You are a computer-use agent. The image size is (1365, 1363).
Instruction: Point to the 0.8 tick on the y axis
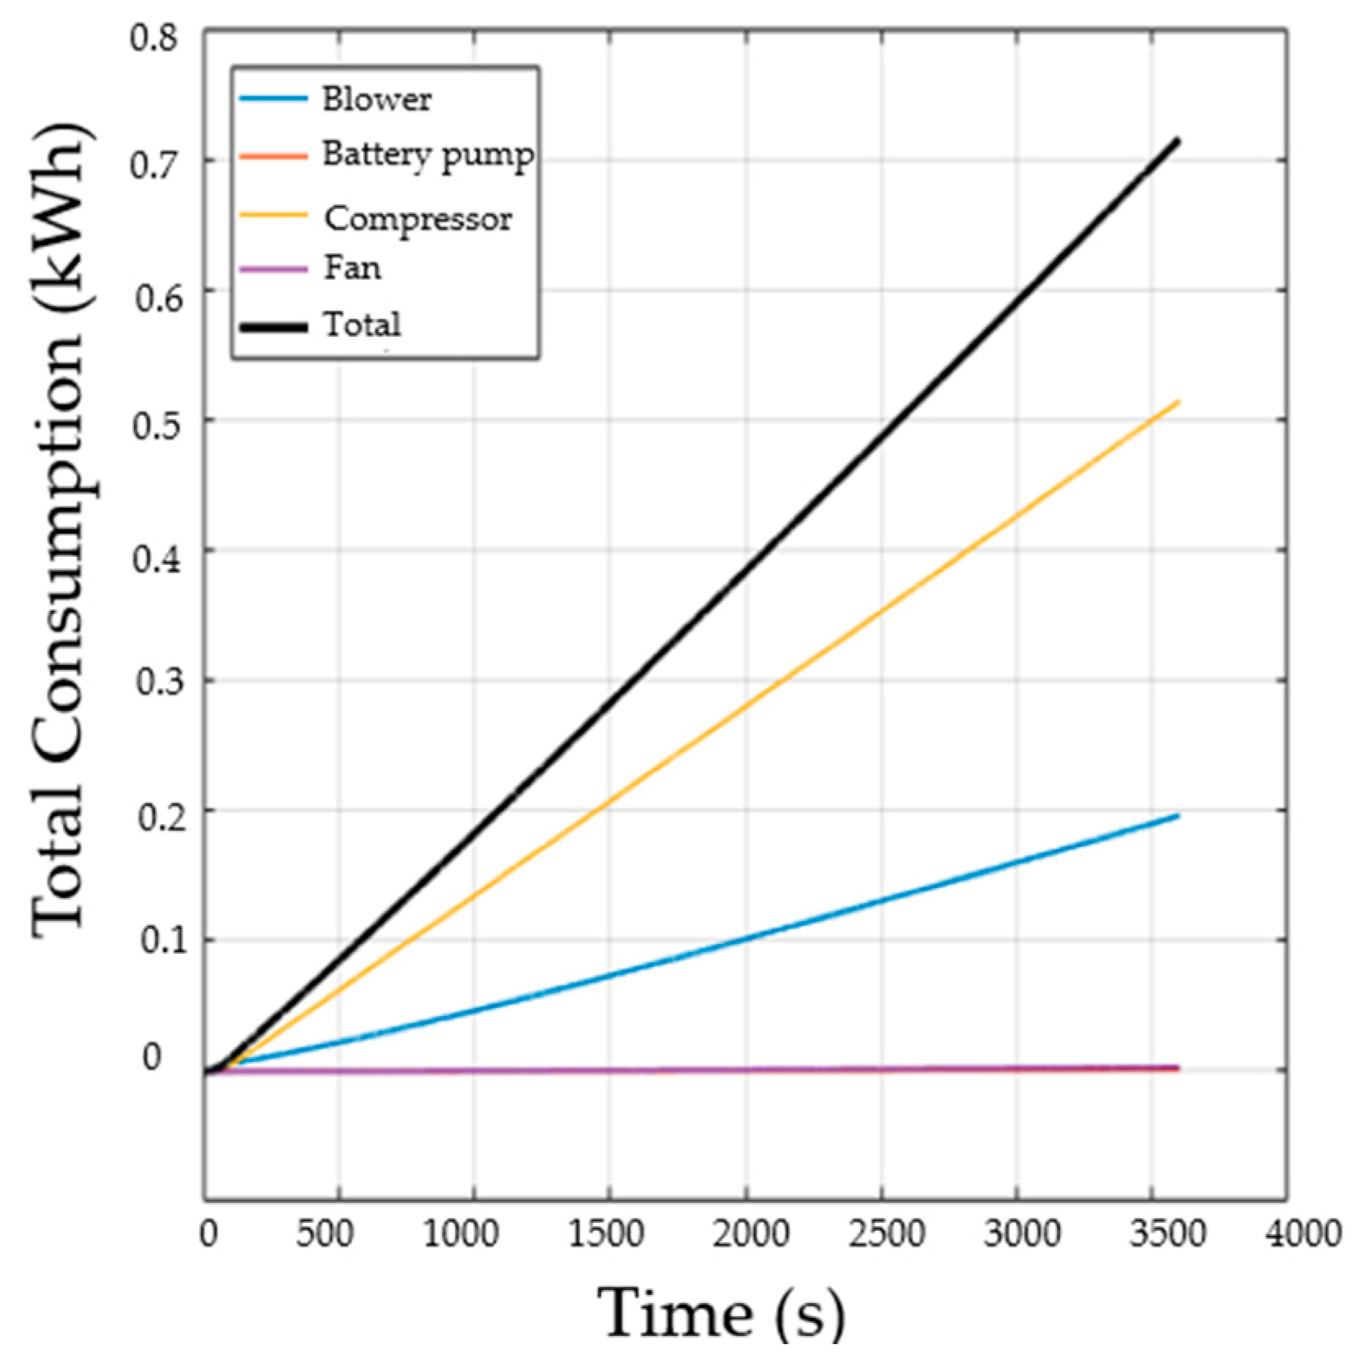coord(153,38)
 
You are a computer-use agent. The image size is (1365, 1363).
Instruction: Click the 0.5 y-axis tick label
coord(156,426)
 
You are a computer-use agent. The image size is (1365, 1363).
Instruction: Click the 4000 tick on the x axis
coord(1303,1233)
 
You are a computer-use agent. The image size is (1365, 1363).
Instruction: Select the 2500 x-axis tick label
coord(886,1233)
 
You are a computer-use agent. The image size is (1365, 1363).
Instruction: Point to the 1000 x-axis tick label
coord(461,1233)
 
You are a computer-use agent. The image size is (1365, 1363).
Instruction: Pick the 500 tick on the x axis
coord(325,1233)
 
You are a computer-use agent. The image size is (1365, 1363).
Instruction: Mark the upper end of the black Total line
coord(1178,141)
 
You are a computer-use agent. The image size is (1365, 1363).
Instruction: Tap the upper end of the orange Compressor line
coord(1178,401)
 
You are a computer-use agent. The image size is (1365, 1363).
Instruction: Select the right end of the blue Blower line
coord(1178,815)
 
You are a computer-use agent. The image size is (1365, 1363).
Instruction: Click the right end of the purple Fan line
coord(1178,1067)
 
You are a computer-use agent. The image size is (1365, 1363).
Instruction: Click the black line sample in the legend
coord(273,326)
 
